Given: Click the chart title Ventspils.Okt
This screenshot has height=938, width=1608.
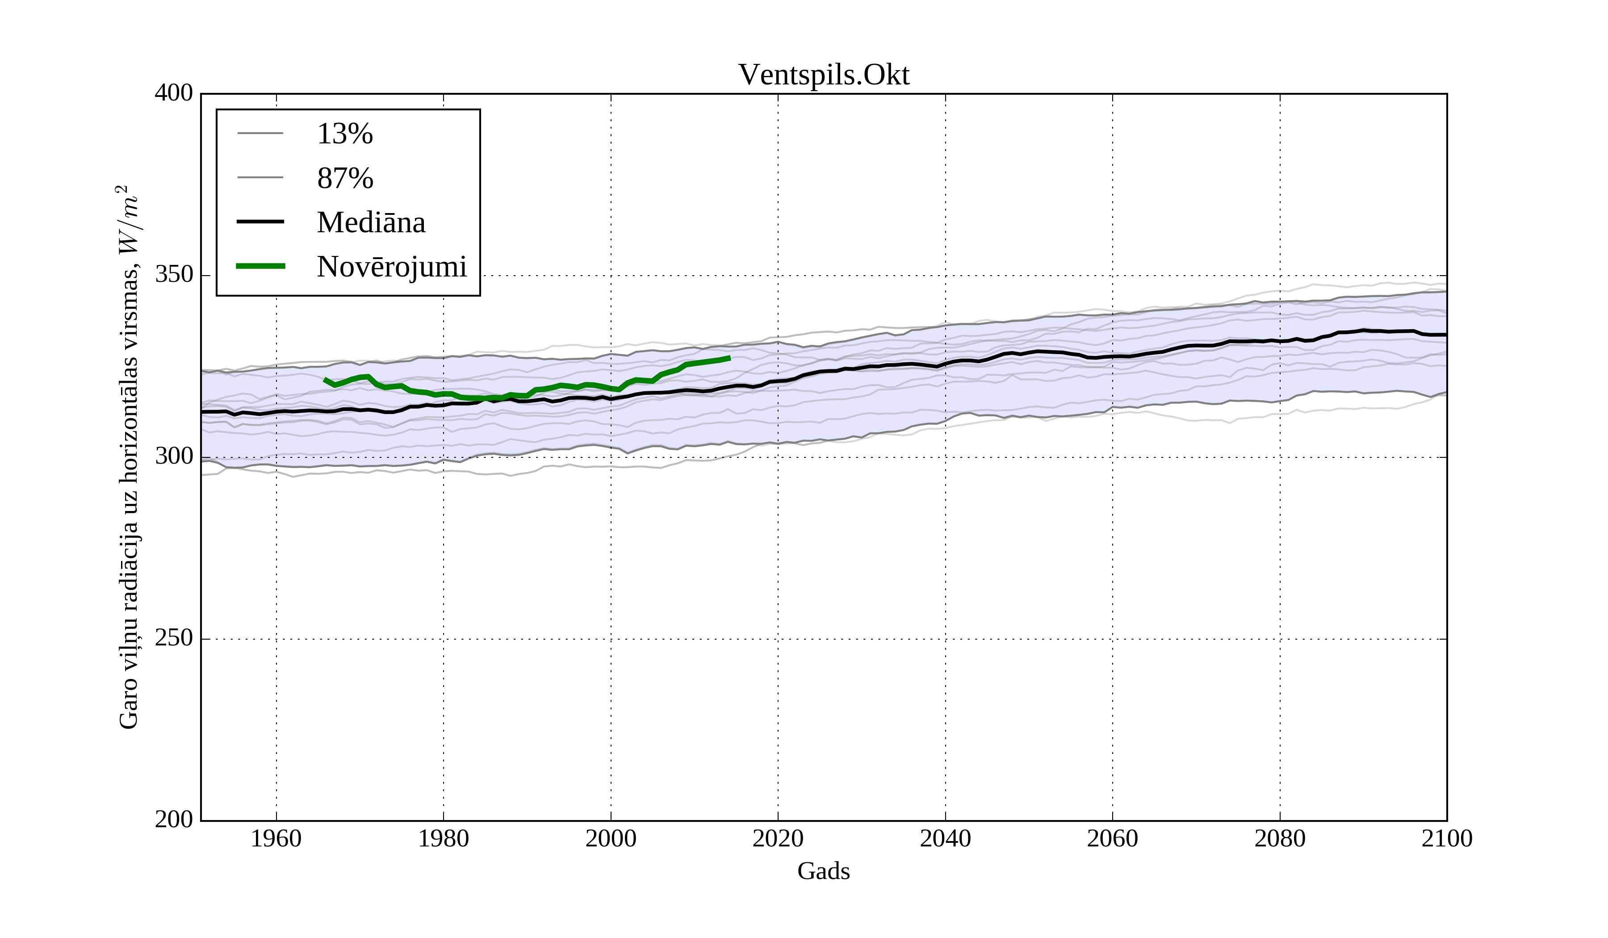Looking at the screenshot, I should click(x=823, y=75).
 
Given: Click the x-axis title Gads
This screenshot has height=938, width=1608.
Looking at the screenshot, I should click(x=823, y=871).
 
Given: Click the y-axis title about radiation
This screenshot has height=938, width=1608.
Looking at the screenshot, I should click(x=129, y=457).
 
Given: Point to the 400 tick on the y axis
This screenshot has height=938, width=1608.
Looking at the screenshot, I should click(x=174, y=93).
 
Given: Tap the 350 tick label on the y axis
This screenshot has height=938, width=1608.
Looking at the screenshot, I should click(x=174, y=275).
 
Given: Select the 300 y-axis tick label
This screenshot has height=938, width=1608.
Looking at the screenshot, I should click(x=174, y=457).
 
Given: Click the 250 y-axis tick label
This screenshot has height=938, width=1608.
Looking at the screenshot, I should click(x=174, y=638).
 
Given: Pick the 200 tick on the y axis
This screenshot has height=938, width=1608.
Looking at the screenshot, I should click(x=174, y=820).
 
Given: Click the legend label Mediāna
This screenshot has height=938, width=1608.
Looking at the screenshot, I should click(x=371, y=223).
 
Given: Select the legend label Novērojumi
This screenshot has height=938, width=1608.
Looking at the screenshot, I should click(x=392, y=267).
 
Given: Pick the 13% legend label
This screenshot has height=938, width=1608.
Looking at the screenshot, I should click(x=344, y=134).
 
